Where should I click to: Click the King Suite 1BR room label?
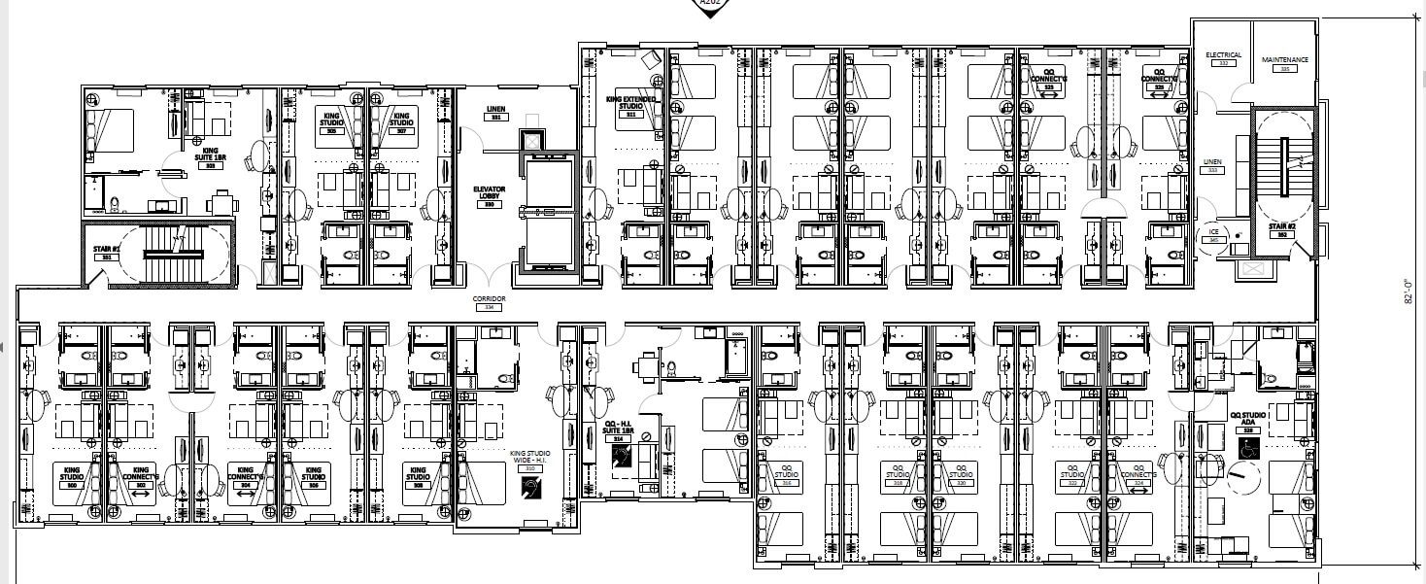click(x=209, y=156)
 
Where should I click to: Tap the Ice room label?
click(x=1213, y=235)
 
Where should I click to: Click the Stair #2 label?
click(x=1282, y=229)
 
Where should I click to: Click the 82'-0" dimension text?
click(x=1407, y=292)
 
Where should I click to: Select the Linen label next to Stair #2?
click(x=1211, y=164)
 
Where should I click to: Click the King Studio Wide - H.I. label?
click(x=529, y=459)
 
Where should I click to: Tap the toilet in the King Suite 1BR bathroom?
click(x=114, y=203)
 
